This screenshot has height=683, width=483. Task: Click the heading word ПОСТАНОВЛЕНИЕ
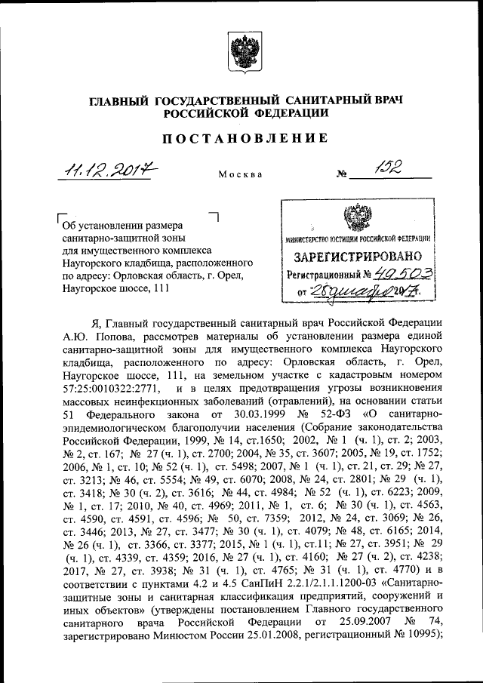point(241,138)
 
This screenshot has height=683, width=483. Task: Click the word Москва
point(241,174)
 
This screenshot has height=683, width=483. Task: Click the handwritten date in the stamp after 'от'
point(368,291)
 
